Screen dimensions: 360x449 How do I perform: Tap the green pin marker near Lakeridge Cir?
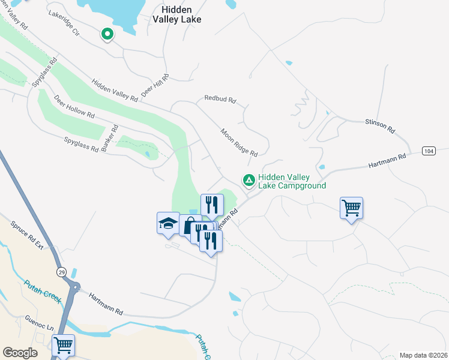click(x=107, y=34)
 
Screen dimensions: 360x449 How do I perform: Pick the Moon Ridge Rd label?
click(x=238, y=142)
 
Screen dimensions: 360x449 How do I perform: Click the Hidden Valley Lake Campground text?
click(x=292, y=182)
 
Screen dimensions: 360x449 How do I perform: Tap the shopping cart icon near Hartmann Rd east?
click(x=351, y=208)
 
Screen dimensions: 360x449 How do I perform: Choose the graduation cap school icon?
click(x=168, y=223)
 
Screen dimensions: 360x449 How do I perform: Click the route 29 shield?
click(x=61, y=272)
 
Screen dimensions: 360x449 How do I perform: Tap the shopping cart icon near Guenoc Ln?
click(x=63, y=345)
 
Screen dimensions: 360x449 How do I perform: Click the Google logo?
click(x=20, y=353)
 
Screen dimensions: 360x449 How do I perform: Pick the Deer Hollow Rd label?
click(x=74, y=106)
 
